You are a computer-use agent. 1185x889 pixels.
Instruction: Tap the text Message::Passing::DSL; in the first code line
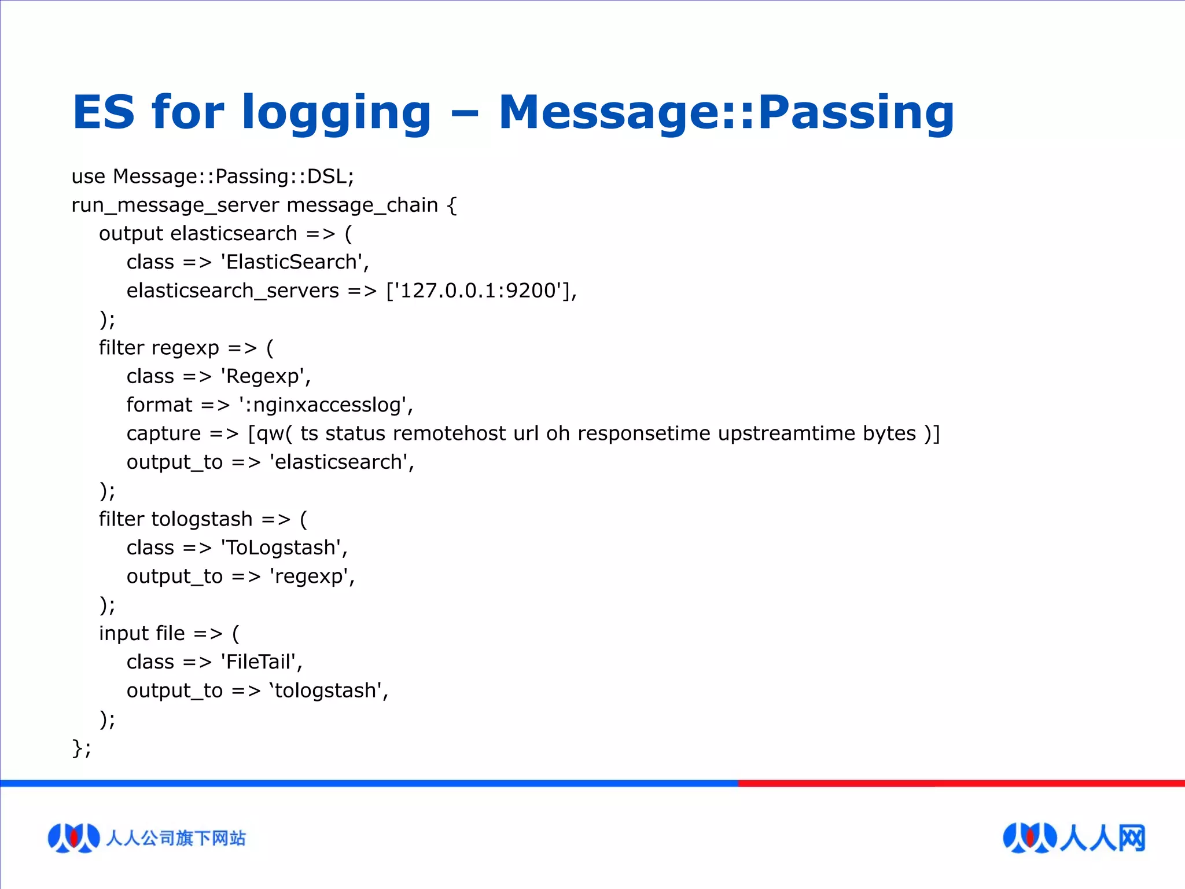click(x=233, y=176)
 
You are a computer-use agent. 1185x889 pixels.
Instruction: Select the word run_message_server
click(x=175, y=205)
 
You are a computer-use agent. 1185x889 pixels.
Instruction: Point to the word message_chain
click(x=362, y=205)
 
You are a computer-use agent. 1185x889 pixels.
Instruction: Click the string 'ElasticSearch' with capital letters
click(x=295, y=262)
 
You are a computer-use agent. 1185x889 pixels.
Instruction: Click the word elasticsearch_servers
click(x=233, y=290)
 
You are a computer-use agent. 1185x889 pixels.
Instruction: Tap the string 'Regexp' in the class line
click(x=265, y=376)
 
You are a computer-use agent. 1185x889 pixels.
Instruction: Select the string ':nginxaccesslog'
click(x=326, y=405)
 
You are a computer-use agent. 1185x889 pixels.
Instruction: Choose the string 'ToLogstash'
click(x=284, y=548)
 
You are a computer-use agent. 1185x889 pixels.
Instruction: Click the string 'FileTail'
click(x=261, y=662)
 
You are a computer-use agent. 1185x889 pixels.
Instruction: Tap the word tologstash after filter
click(x=202, y=519)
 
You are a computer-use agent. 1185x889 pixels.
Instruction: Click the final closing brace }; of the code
click(x=81, y=748)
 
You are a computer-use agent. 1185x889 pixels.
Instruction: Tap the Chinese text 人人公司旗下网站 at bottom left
click(x=175, y=838)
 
